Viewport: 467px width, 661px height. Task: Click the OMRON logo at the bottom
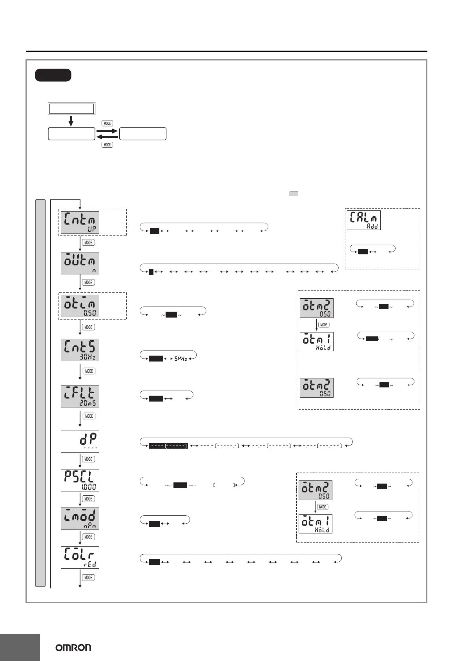point(73,647)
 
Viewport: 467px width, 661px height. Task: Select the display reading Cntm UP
point(80,222)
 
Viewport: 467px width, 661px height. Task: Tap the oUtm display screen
point(80,263)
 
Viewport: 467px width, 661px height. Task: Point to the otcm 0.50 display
point(80,306)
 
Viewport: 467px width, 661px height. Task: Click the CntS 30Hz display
point(80,350)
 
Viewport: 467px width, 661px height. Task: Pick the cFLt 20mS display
point(80,396)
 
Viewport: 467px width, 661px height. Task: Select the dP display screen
point(80,442)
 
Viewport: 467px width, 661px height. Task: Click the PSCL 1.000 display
point(80,480)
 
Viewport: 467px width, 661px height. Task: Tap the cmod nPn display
point(80,518)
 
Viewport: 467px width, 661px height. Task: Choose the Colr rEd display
point(80,557)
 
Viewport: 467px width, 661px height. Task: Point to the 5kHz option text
point(181,359)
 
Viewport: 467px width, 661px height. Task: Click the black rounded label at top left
point(53,75)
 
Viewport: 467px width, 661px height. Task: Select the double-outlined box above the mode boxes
point(71,108)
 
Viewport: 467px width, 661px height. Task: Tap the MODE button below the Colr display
point(88,577)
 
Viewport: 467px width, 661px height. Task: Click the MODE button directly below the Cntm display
point(88,243)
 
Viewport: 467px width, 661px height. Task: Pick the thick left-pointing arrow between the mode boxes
point(107,137)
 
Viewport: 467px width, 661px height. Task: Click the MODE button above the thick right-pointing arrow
point(107,123)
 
